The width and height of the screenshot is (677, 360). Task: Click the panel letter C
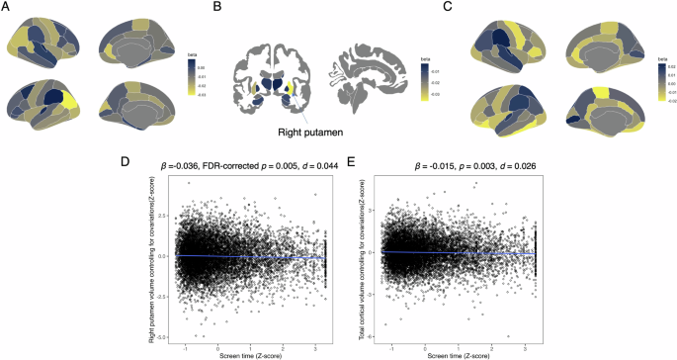coord(450,8)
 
